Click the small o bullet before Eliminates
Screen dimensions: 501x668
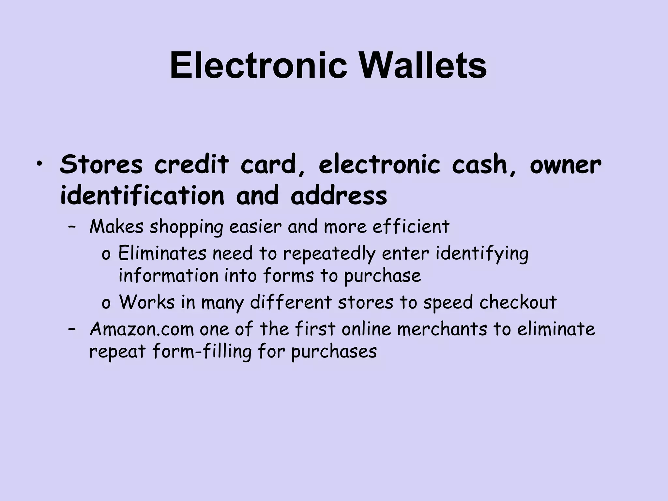point(106,255)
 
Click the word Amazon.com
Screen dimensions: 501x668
point(142,329)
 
